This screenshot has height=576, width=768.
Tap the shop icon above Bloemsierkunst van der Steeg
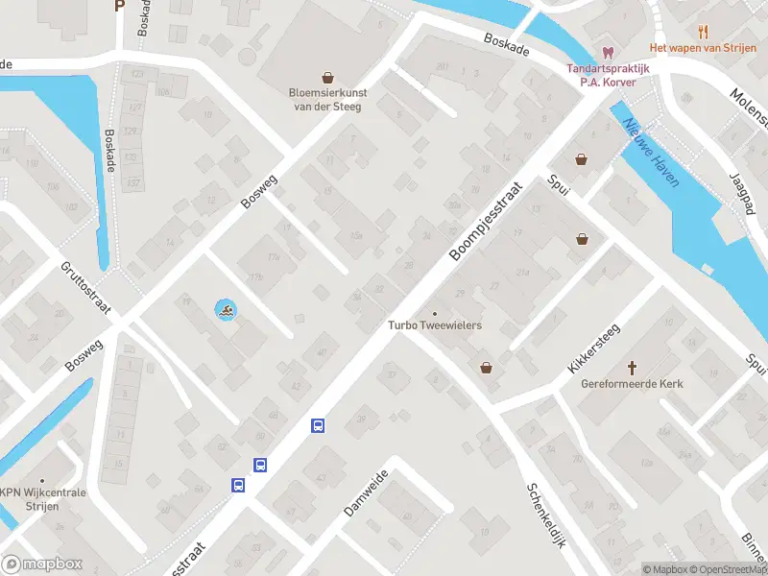328,78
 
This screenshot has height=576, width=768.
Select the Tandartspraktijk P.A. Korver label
607,76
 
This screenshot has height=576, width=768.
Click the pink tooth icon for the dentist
607,52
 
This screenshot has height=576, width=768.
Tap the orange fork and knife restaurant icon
705,31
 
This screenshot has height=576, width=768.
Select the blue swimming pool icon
224,310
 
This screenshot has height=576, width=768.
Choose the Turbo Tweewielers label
435,325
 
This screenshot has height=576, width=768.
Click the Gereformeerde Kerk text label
633,384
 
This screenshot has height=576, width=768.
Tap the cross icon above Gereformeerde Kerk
633,367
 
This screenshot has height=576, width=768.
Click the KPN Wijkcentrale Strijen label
43,498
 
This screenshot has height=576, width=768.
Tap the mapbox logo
42,564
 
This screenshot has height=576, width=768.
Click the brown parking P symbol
119,5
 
